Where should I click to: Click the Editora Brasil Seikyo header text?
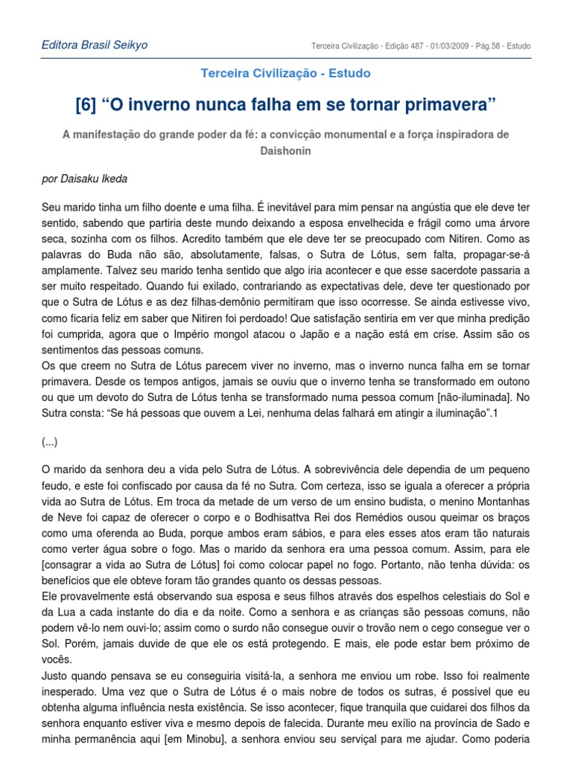pos(94,45)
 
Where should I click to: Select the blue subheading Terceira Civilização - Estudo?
pos(285,73)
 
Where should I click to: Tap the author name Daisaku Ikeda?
pos(104,179)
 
